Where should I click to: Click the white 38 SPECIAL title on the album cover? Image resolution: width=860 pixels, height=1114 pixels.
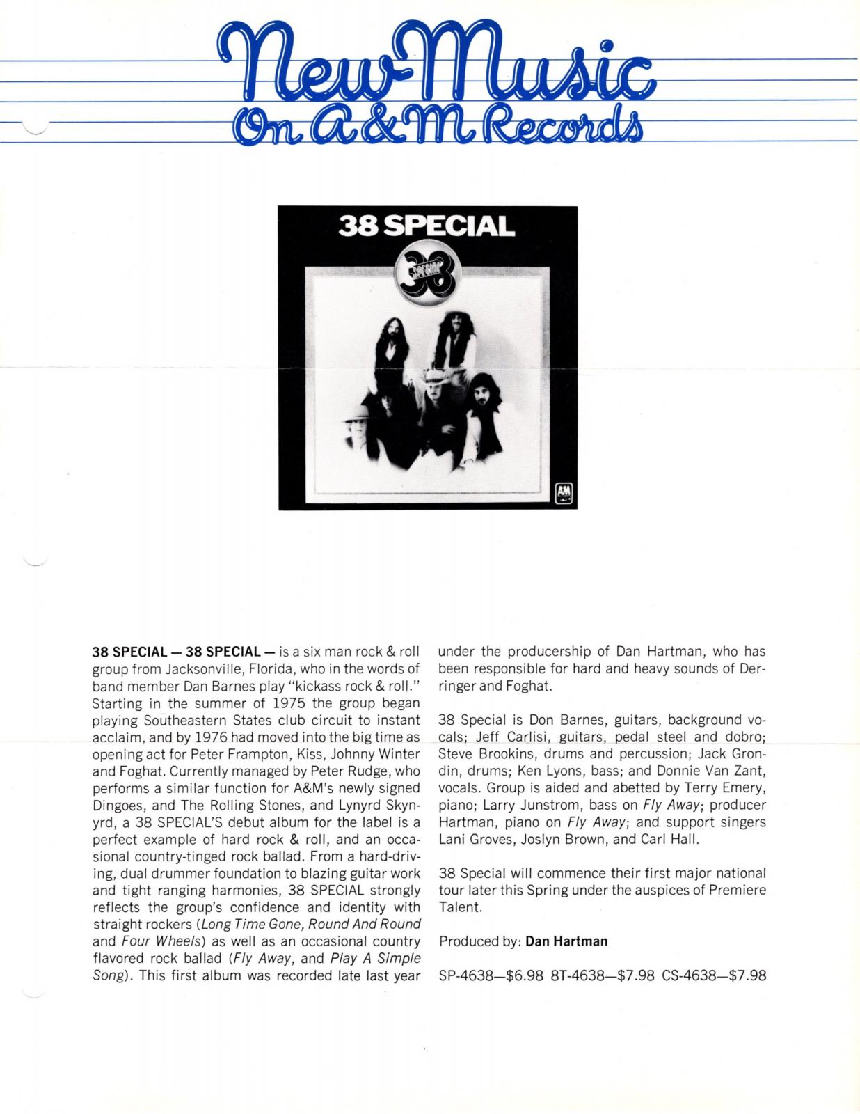pyautogui.click(x=427, y=226)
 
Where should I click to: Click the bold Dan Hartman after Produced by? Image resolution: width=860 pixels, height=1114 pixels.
pyautogui.click(x=566, y=941)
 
